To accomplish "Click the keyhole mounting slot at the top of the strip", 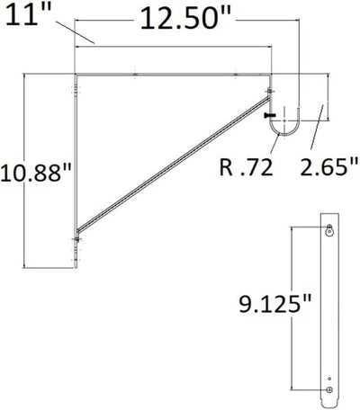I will pyautogui.click(x=328, y=231).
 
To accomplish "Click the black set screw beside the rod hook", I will pyautogui.click(x=268, y=115).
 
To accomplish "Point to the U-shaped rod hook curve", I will pyautogui.click(x=286, y=134).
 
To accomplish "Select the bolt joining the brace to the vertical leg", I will pyautogui.click(x=77, y=239).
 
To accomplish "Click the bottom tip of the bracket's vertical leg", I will pyautogui.click(x=77, y=269).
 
